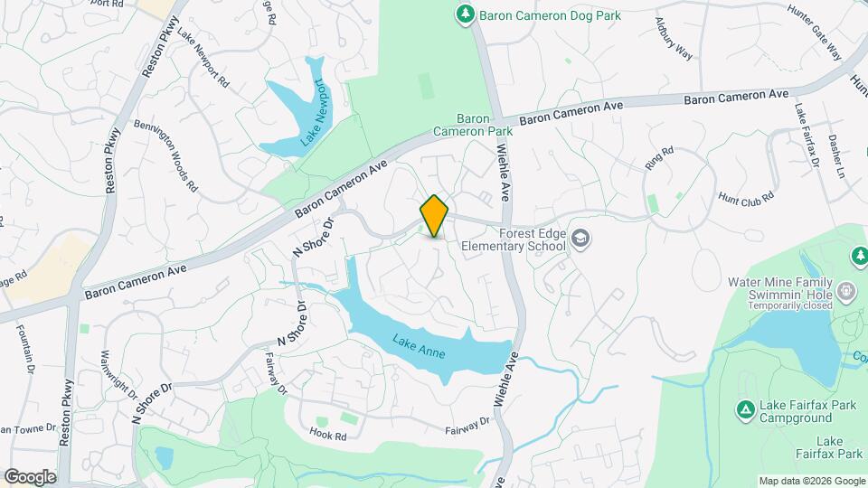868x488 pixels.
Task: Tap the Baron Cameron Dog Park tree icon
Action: tap(465, 14)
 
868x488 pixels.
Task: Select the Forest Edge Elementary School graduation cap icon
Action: tap(580, 239)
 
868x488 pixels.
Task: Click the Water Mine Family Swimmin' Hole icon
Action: tap(846, 291)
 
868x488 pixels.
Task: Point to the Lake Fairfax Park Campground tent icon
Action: tap(746, 411)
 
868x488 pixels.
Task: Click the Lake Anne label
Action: tap(419, 347)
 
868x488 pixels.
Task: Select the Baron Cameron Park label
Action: tap(485, 125)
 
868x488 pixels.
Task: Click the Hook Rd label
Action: tap(329, 436)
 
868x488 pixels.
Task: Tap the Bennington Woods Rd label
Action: tap(165, 155)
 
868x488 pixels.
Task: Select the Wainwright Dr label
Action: tap(118, 374)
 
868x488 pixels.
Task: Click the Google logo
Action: tap(30, 476)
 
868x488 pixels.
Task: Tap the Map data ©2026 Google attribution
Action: tap(811, 481)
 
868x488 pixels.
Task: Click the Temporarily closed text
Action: tap(792, 305)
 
